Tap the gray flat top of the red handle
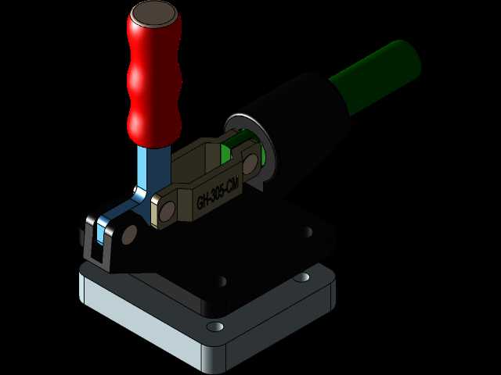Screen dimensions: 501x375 click(154, 14)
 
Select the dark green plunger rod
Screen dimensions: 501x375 click(377, 77)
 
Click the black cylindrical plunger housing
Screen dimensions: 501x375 click(297, 134)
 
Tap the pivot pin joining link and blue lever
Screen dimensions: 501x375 click(167, 211)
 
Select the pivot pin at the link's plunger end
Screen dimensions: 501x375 click(250, 163)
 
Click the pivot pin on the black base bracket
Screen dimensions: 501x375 click(129, 235)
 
